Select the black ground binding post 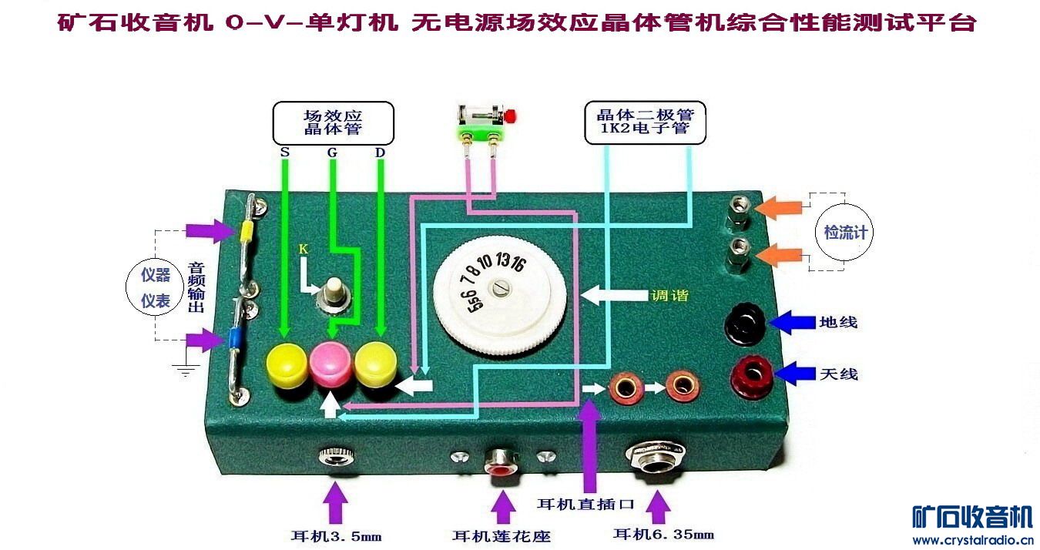[x=745, y=323]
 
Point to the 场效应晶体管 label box [x=333, y=123]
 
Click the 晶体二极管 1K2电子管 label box [x=646, y=122]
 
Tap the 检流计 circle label [x=845, y=232]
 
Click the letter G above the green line [x=332, y=152]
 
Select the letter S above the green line [x=284, y=152]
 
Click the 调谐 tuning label [x=669, y=295]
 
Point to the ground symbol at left [x=185, y=371]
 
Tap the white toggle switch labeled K [x=334, y=290]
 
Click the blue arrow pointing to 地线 [x=791, y=321]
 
